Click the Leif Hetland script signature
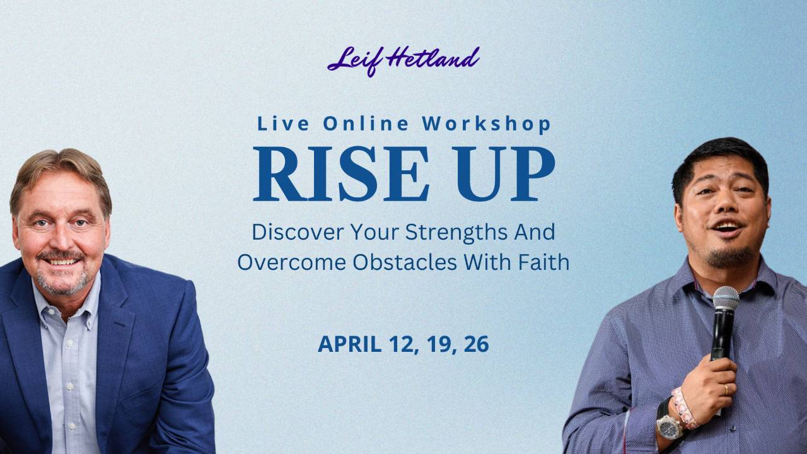tap(403, 61)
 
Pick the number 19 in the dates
tap(441, 344)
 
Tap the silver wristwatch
tap(670, 426)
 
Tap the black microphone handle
tap(720, 334)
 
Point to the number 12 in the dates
tap(404, 344)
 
